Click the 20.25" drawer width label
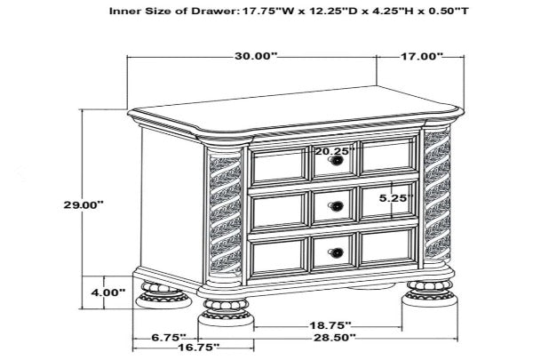pos(333,151)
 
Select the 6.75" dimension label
pos(167,338)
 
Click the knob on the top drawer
pos(337,161)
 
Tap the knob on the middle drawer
pos(337,207)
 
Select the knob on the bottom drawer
pos(337,252)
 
